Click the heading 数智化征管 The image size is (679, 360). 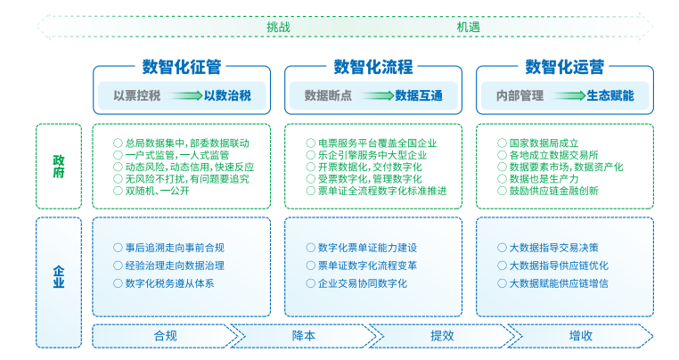tap(182, 67)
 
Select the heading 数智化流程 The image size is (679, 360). tap(373, 67)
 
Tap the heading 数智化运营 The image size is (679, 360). tap(565, 67)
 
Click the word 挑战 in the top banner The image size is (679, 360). tap(278, 28)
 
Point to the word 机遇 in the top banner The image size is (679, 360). tap(469, 28)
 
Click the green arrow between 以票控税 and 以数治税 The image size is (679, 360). tap(185, 95)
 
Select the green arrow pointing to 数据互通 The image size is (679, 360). tap(377, 95)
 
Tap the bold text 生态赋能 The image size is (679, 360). tap(610, 95)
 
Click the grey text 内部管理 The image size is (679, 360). tap(519, 95)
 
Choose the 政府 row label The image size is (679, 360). tap(59, 167)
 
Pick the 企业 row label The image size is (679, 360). tap(59, 277)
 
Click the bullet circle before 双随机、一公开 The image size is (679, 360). tap(118, 191)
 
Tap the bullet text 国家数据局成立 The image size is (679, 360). tap(544, 143)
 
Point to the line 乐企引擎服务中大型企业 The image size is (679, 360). tap(372, 155)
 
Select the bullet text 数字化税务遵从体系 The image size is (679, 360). tap(169, 283)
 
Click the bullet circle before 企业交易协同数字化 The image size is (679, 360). tap(310, 283)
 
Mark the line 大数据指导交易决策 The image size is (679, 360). tap(554, 248)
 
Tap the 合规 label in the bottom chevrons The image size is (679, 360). tap(166, 336)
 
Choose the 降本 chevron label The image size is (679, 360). tap(304, 336)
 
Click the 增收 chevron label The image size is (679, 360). tap(581, 336)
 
